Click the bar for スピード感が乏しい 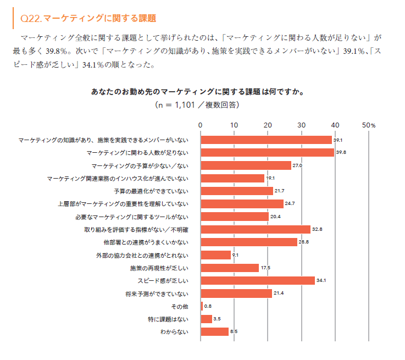[258, 281]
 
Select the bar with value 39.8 [267, 153]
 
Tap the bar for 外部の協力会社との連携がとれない [216, 255]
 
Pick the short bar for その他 [202, 306]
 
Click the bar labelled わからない [215, 332]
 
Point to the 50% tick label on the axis [369, 125]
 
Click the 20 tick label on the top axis [268, 125]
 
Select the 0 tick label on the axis [201, 125]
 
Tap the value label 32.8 [317, 229]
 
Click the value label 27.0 [297, 165]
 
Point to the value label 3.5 [217, 319]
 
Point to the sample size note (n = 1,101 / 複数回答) [197, 104]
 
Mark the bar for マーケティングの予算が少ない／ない [246, 165]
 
